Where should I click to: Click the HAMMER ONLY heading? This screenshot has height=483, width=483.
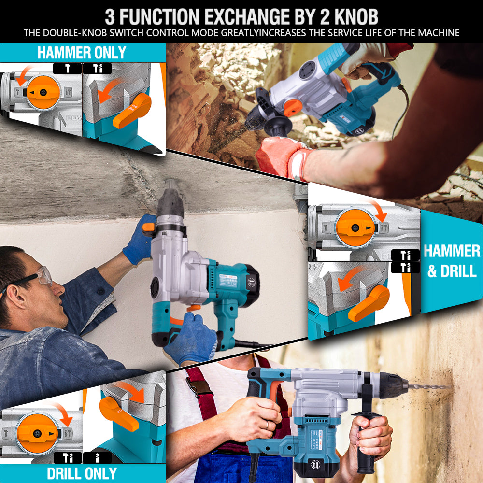[x=82, y=52]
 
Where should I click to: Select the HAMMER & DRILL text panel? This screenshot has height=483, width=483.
[x=452, y=261]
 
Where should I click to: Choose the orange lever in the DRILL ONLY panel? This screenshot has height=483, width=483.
[x=118, y=413]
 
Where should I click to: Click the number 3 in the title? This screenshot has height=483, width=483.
[x=110, y=16]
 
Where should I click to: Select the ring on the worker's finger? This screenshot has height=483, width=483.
[x=267, y=425]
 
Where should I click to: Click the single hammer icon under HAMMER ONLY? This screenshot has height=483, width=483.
[x=67, y=69]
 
